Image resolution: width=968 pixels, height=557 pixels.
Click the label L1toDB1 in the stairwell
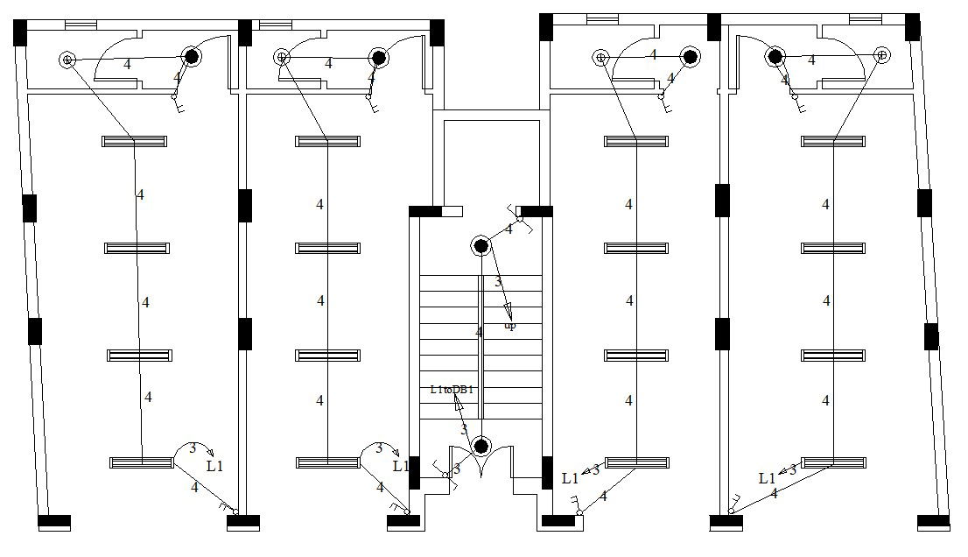point(452,389)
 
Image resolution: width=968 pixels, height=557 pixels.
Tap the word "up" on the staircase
point(510,326)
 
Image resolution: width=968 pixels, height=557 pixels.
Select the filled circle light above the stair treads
point(480,245)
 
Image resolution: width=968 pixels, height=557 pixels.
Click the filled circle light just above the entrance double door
point(480,447)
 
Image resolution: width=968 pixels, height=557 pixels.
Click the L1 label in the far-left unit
point(215,466)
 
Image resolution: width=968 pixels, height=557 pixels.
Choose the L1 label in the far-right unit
point(767,478)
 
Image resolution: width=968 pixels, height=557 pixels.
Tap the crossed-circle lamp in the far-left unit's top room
point(67,60)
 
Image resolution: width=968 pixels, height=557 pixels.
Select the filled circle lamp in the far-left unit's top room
point(191,57)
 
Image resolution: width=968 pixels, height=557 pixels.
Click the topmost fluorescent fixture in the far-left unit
point(134,140)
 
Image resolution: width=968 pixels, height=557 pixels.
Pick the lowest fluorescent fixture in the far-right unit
point(833,462)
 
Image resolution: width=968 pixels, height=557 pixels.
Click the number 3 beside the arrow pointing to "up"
point(498,282)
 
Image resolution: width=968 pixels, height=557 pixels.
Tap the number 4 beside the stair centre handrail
point(479,333)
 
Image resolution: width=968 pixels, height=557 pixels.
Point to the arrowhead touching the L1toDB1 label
point(457,400)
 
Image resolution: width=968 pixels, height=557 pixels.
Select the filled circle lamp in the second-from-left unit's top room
point(378,58)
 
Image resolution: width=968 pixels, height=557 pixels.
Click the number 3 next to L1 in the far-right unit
point(792,469)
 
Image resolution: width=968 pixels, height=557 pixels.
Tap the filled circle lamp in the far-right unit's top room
point(775,57)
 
